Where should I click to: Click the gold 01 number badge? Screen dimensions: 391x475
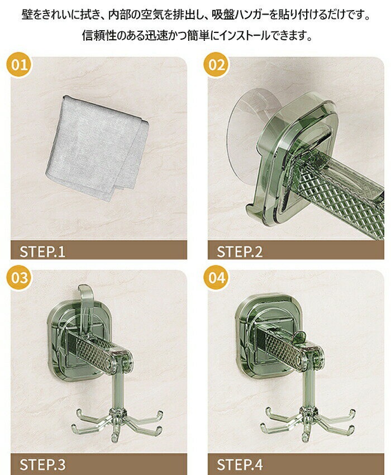tap(20, 65)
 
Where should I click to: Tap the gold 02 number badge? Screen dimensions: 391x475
tap(217, 65)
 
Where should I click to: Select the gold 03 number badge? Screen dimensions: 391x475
tap(20, 278)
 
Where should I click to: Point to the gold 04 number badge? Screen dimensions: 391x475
tap(217, 278)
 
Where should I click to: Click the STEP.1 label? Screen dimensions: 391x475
tap(42, 251)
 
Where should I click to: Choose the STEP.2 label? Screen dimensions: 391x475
tap(240, 251)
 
